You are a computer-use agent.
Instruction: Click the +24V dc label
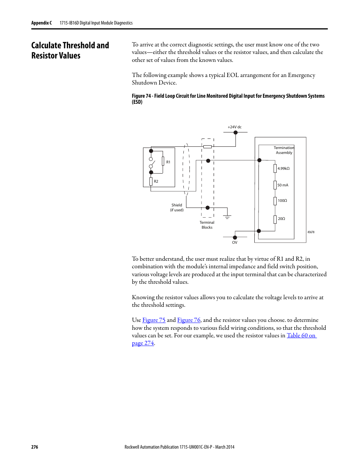click(x=234, y=127)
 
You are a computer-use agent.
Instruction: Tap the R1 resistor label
click(x=168, y=162)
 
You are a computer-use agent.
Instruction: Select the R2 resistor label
click(x=156, y=181)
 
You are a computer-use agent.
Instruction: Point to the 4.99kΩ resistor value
click(x=283, y=169)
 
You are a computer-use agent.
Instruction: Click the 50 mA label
click(x=283, y=185)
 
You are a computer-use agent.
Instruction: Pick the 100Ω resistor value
click(x=282, y=201)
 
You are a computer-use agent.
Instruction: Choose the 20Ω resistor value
click(x=282, y=219)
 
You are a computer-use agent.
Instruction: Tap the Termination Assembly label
click(x=284, y=150)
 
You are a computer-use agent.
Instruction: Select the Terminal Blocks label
click(x=207, y=225)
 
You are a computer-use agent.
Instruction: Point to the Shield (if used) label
click(x=177, y=208)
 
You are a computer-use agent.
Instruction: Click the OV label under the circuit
click(x=235, y=243)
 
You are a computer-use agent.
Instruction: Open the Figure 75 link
click(x=154, y=320)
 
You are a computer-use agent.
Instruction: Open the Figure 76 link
click(x=189, y=320)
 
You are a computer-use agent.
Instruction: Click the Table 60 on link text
click(x=301, y=335)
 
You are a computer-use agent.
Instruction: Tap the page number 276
click(x=35, y=447)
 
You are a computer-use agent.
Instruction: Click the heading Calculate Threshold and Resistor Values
click(x=70, y=51)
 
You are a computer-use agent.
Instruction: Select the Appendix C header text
click(x=42, y=23)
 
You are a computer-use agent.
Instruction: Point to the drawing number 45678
click(x=311, y=232)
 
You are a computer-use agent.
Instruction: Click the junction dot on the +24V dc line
click(x=235, y=132)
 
